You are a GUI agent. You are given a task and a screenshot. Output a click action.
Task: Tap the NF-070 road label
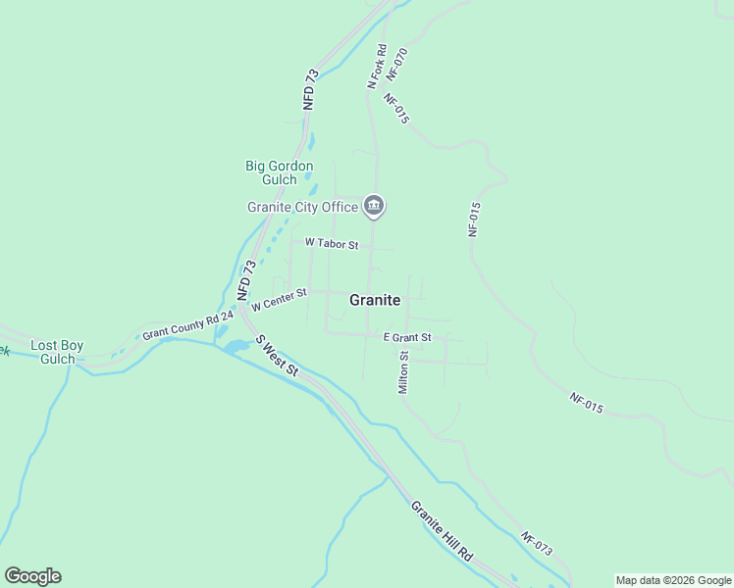click(x=396, y=63)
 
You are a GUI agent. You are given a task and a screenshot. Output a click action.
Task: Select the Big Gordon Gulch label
click(x=279, y=172)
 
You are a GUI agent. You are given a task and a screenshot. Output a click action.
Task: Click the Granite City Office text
click(x=302, y=207)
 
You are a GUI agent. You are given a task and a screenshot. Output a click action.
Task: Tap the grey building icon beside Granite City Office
click(x=374, y=205)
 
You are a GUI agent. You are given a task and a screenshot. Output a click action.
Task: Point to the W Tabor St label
click(x=332, y=243)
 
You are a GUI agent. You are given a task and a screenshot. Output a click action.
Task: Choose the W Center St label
click(x=279, y=299)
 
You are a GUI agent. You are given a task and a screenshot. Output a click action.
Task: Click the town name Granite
click(x=375, y=301)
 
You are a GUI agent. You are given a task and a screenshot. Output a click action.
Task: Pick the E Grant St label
click(x=407, y=337)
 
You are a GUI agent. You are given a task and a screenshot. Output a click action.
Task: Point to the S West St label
click(x=277, y=355)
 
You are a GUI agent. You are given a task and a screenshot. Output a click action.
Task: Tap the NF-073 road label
click(x=537, y=544)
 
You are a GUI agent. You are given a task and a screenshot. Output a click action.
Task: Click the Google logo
click(x=32, y=576)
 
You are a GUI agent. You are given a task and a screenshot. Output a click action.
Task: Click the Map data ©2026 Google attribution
click(x=673, y=580)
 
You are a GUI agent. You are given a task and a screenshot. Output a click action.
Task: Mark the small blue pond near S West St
click(x=236, y=346)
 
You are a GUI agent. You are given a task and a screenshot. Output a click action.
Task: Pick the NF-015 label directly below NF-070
click(x=396, y=109)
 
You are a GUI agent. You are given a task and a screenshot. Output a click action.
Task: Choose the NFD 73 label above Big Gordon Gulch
click(x=311, y=88)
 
